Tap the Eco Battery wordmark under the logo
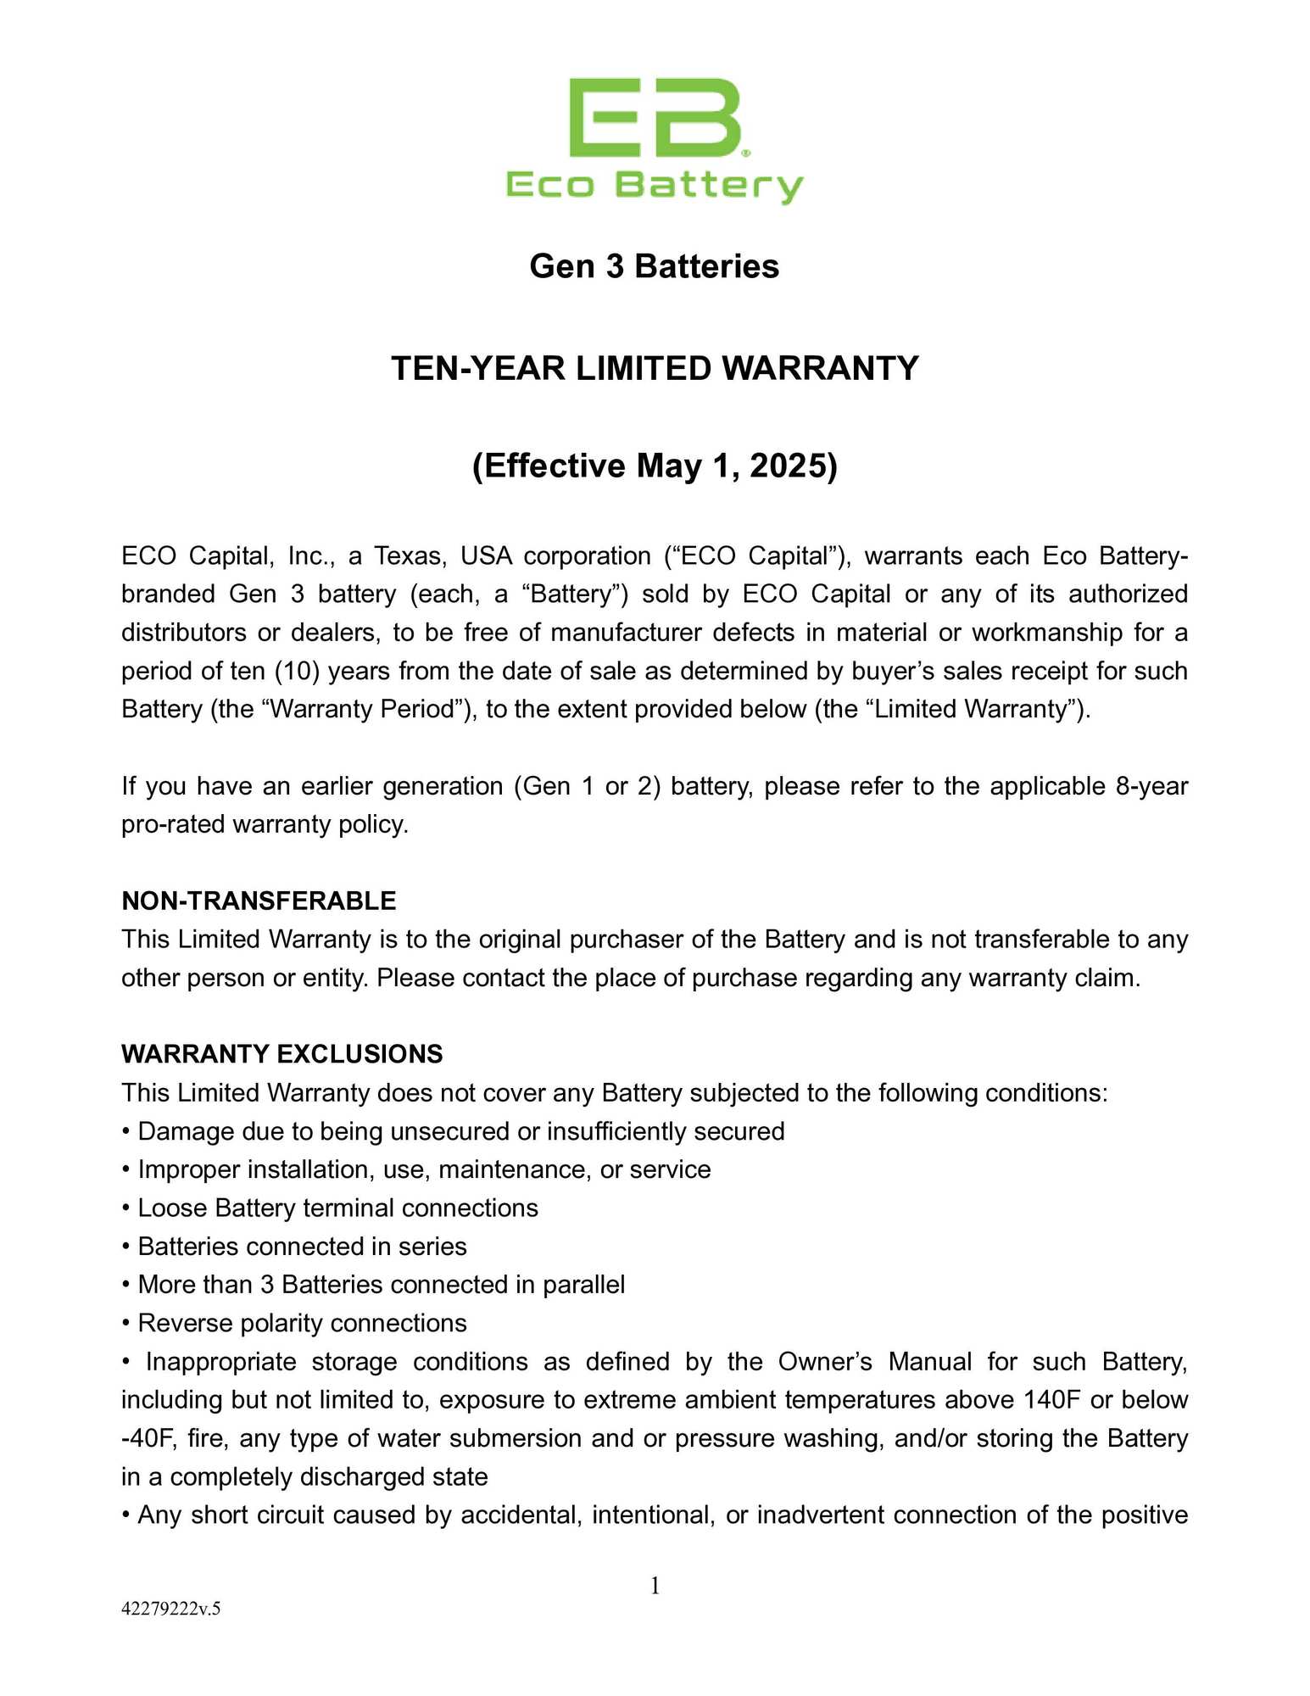coord(655,186)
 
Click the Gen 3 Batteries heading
coord(654,266)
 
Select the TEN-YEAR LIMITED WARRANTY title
coord(655,369)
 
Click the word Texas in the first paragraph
coord(410,556)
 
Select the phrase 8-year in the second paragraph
coord(1151,786)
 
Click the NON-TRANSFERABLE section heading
coord(259,901)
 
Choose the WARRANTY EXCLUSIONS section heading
coord(282,1054)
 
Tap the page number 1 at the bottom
coord(655,1585)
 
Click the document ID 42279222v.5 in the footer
coord(170,1609)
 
